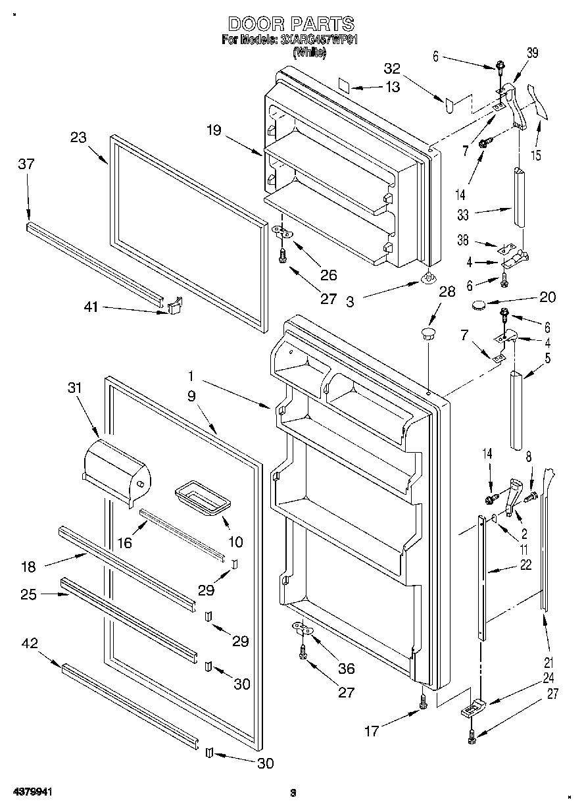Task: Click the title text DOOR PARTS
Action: [x=291, y=25]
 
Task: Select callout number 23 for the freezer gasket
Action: [x=78, y=138]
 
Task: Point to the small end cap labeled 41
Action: [x=173, y=306]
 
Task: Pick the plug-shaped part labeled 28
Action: [x=429, y=332]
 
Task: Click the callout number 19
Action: [x=213, y=130]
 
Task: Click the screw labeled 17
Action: [x=423, y=703]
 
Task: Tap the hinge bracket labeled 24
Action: [x=472, y=709]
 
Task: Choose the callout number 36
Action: [x=345, y=669]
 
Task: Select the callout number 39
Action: [x=533, y=54]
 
